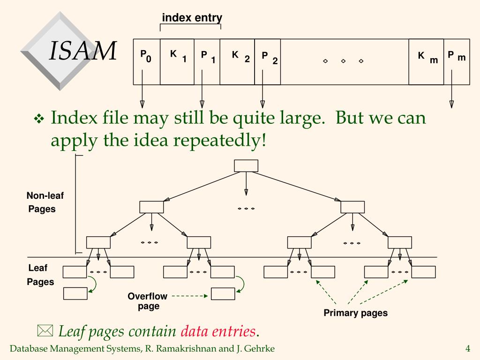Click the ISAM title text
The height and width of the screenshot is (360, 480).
point(83,51)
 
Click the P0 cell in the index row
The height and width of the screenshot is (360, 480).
point(146,61)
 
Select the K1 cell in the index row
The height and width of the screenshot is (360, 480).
point(177,61)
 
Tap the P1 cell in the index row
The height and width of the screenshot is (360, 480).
point(207,61)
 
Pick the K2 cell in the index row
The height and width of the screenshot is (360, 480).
point(237,61)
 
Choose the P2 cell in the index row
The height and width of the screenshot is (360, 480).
point(268,61)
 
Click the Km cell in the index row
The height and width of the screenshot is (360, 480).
point(426,61)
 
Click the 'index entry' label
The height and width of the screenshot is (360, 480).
point(192,18)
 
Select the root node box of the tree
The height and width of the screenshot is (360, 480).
point(246,166)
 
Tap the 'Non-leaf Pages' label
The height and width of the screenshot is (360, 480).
point(44,202)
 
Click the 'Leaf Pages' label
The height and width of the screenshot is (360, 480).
point(39,275)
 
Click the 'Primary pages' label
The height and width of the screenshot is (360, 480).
point(355,313)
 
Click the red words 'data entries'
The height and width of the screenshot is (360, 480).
point(218,331)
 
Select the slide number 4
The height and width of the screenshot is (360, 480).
point(467,348)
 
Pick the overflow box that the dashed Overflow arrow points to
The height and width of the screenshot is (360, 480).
point(223,294)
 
